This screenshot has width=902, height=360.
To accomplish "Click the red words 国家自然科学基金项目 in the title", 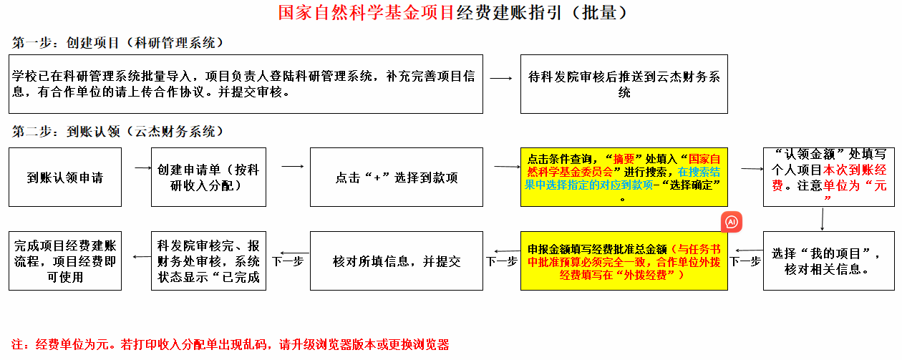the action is (366, 12).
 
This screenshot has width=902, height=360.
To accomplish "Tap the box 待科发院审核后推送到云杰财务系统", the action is (624, 84).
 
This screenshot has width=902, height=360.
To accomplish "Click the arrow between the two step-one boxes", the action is (501, 78).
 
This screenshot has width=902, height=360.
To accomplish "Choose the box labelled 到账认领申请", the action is (65, 177).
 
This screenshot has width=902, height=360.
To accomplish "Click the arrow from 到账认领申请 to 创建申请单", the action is (143, 168).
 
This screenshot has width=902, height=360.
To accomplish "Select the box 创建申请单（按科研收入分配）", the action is (208, 177).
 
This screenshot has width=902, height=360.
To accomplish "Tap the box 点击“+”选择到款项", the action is (397, 177).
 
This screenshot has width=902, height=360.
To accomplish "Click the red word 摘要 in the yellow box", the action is (624, 159).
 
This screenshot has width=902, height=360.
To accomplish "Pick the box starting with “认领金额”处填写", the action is (829, 177).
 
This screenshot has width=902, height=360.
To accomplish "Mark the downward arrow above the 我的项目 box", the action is (823, 219).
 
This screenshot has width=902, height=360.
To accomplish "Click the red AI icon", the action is (732, 222).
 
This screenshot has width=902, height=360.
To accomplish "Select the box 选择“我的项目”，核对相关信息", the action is (829, 261).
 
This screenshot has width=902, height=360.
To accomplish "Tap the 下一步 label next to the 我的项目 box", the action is (745, 262).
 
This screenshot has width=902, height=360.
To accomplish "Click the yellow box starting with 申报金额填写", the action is (624, 261).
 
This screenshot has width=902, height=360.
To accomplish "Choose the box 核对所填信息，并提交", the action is (397, 261).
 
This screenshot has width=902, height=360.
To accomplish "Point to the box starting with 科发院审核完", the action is (208, 261).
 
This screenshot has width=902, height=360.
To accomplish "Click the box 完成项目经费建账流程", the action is (65, 261).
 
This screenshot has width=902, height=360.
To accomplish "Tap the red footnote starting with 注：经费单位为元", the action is (231, 345).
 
